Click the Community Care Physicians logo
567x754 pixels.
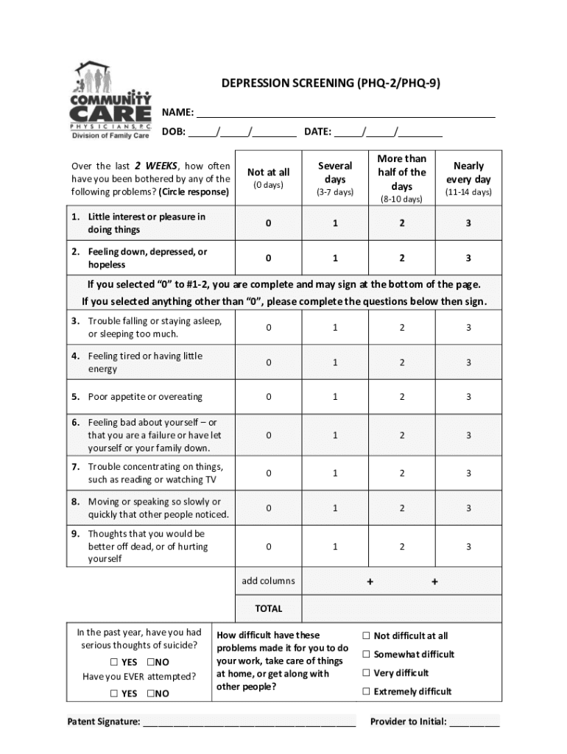pyautogui.click(x=110, y=100)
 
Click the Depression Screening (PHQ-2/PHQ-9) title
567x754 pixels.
pyautogui.click(x=331, y=83)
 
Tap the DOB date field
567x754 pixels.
pyautogui.click(x=243, y=132)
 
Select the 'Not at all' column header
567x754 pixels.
pyautogui.click(x=269, y=177)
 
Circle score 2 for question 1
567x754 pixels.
pyautogui.click(x=401, y=223)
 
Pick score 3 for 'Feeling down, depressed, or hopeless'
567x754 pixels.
pyautogui.click(x=468, y=258)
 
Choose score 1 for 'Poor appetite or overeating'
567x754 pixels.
pyautogui.click(x=335, y=397)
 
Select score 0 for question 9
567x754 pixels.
pyautogui.click(x=269, y=546)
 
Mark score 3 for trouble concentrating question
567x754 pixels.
pyautogui.click(x=468, y=473)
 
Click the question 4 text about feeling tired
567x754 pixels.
pyautogui.click(x=145, y=362)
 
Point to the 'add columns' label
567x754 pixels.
pyautogui.click(x=268, y=581)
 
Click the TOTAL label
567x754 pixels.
pyautogui.click(x=268, y=609)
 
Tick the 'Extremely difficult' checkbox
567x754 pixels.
pyautogui.click(x=366, y=691)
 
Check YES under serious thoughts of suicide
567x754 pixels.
pyautogui.click(x=115, y=662)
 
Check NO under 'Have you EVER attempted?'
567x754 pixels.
pyautogui.click(x=150, y=694)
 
